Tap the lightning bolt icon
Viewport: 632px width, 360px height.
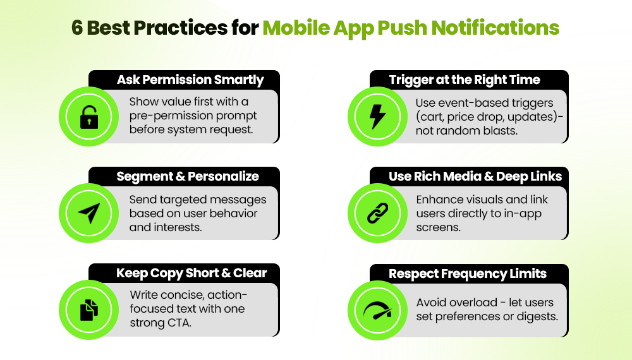click(x=377, y=117)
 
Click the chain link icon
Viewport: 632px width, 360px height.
click(x=377, y=213)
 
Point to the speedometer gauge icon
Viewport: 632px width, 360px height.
click(x=377, y=310)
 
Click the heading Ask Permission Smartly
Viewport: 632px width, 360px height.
click(x=190, y=80)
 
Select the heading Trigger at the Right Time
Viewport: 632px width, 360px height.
click(x=465, y=80)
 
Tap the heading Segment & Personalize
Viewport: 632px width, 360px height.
click(x=188, y=177)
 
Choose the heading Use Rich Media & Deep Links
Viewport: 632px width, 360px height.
click(x=475, y=177)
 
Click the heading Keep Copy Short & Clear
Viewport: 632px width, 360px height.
click(x=191, y=273)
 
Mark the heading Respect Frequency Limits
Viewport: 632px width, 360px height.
click(x=468, y=274)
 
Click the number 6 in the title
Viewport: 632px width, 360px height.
click(x=77, y=28)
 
